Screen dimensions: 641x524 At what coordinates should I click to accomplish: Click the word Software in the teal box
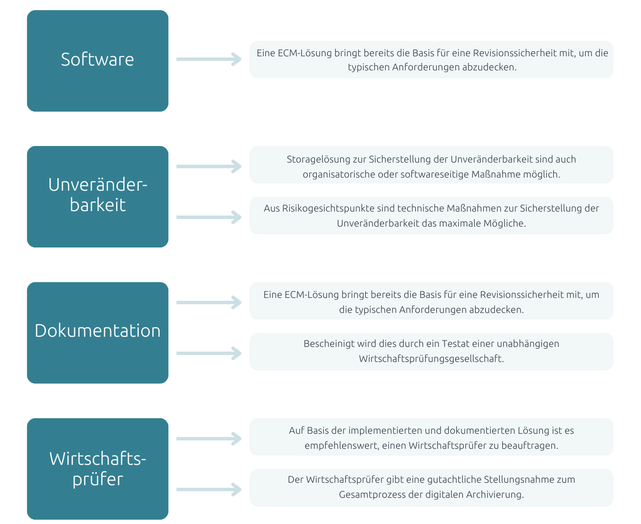pyautogui.click(x=97, y=59)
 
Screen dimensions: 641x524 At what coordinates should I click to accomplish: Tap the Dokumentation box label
pyautogui.click(x=98, y=330)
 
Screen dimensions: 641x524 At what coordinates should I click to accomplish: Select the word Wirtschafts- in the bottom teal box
pyautogui.click(x=98, y=458)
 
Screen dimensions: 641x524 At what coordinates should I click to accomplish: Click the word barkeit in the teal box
pyautogui.click(x=98, y=205)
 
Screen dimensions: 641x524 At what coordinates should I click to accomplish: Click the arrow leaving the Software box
pyautogui.click(x=209, y=59)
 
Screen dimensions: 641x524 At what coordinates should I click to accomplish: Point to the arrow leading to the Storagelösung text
pyautogui.click(x=209, y=166)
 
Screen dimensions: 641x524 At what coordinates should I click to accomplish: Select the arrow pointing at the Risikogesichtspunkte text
pyautogui.click(x=209, y=217)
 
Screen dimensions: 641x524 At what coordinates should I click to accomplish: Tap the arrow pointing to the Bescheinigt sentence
pyautogui.click(x=209, y=353)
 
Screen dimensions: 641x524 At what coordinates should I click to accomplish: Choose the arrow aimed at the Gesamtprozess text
pyautogui.click(x=209, y=490)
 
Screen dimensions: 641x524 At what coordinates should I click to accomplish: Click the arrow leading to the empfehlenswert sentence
pyautogui.click(x=209, y=439)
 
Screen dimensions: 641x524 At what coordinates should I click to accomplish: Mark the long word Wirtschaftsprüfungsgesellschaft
pyautogui.click(x=431, y=359)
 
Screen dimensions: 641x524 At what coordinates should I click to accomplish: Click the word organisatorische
pyautogui.click(x=339, y=175)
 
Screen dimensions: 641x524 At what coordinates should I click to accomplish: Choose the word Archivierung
pyautogui.click(x=495, y=495)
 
